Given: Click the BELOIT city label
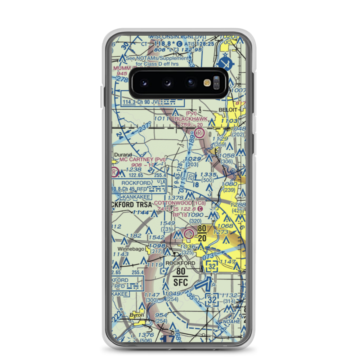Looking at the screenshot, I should click(228, 109).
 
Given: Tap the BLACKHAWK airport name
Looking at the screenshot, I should click(191, 118).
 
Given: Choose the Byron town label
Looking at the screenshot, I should click(137, 315).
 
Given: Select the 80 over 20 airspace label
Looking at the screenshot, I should click(202, 233).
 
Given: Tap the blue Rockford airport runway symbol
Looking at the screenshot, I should click(203, 286).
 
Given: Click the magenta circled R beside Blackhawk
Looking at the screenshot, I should click(200, 133).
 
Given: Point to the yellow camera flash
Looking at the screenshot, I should click(207, 82).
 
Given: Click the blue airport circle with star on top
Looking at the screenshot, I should click(225, 63).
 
